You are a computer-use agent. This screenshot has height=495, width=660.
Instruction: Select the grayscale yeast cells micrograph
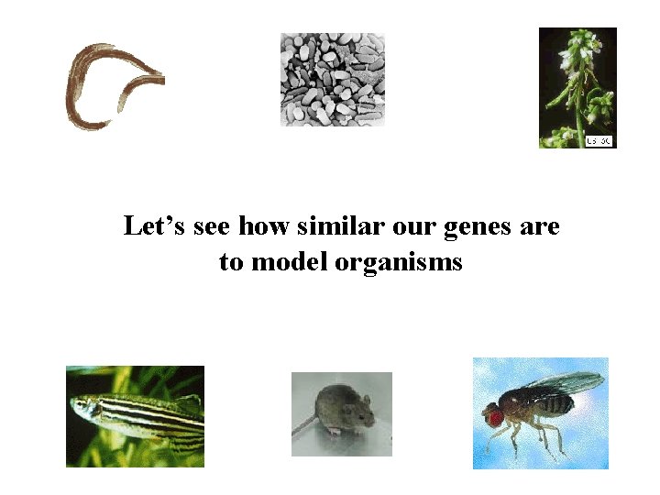click(x=332, y=80)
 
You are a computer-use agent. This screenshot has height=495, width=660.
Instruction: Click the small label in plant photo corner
click(x=599, y=140)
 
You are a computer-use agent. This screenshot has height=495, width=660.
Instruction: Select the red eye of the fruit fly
click(x=495, y=417)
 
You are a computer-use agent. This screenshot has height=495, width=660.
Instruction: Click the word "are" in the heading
click(x=539, y=226)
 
